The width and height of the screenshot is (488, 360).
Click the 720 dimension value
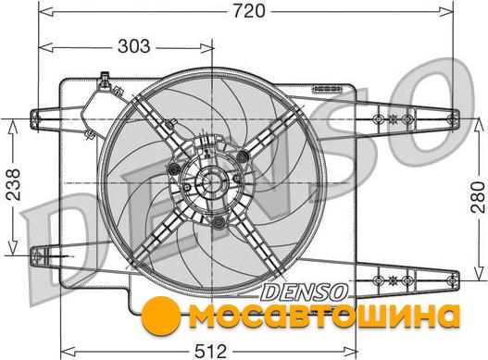point(249,11)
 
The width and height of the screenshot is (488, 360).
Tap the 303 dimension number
point(134,46)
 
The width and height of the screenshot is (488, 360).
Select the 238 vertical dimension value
point(13,184)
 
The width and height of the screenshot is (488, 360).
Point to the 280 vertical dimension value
point(478,197)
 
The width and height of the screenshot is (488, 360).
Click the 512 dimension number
point(211,352)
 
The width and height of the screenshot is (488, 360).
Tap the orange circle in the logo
point(161,316)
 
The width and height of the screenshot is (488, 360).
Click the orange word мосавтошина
point(324,317)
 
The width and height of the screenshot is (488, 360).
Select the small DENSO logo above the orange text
point(304,292)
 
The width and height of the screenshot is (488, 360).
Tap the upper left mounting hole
point(36,118)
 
